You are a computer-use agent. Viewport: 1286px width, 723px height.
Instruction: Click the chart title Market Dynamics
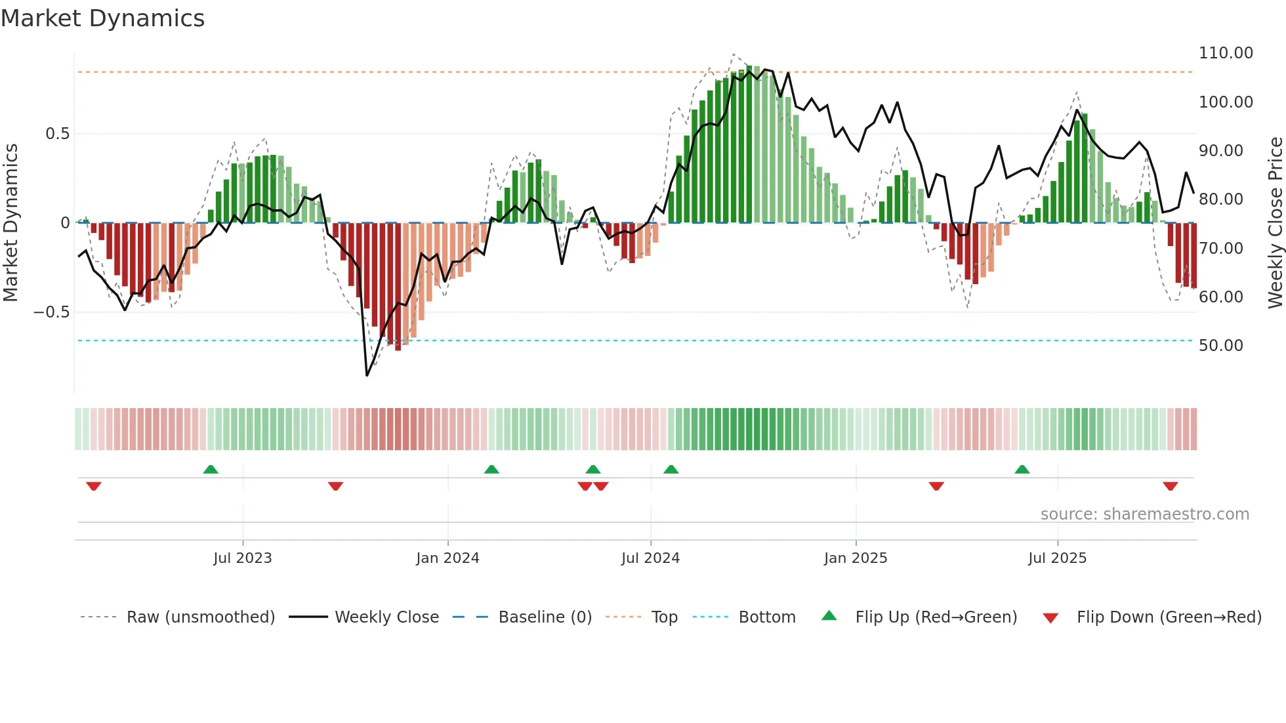[102, 18]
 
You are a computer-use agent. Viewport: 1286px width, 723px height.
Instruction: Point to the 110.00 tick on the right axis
[1225, 53]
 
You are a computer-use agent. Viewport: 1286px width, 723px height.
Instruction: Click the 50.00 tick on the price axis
[1220, 346]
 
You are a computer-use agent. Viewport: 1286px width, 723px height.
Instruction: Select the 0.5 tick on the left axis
[57, 134]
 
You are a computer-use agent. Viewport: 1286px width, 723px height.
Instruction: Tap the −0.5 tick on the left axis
[51, 312]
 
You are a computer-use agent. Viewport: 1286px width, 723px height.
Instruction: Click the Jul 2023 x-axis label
[242, 558]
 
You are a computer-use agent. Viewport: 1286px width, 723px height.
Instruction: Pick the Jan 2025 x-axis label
[855, 558]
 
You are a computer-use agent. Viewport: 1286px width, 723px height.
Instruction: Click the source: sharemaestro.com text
[1144, 514]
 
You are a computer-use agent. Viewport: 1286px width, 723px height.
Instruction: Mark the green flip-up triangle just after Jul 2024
[671, 470]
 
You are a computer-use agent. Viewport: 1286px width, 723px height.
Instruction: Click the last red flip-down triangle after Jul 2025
[1170, 486]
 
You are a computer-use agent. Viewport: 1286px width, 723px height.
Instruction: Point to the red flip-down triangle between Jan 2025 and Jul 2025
[936, 486]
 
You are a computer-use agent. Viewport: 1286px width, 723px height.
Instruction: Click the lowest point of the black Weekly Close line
[367, 375]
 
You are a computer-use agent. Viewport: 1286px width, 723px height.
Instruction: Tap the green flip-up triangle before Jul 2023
[211, 470]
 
